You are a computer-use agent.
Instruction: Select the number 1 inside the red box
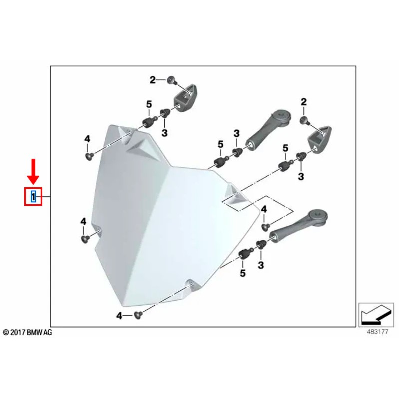point(33,197)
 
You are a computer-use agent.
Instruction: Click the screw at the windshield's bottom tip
point(139,315)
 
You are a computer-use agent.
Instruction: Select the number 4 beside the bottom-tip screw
point(119,315)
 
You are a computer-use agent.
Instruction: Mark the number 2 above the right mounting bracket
point(303,102)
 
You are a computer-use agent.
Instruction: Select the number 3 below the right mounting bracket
point(301,176)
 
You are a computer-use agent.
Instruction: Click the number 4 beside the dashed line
point(264,209)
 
